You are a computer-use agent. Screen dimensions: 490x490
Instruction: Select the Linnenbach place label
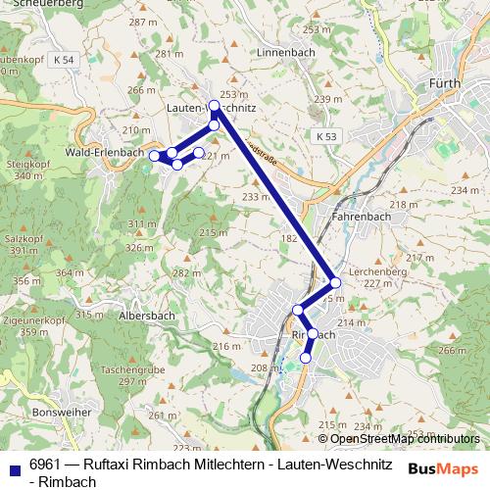283,51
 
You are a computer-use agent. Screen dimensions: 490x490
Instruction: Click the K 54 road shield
65,60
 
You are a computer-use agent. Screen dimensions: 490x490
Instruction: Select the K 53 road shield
327,134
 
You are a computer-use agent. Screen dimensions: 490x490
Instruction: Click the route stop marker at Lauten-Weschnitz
215,106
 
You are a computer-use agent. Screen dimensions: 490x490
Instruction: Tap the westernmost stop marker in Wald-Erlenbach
154,156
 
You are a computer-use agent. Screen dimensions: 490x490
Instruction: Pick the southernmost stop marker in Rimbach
305,358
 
